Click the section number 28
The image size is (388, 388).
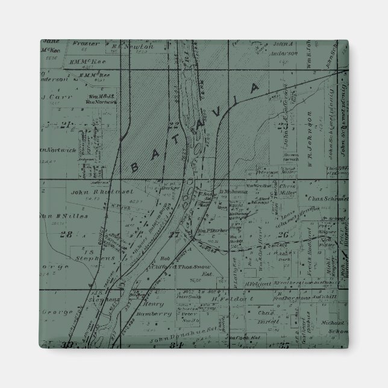84,234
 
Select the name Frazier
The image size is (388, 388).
84,44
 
